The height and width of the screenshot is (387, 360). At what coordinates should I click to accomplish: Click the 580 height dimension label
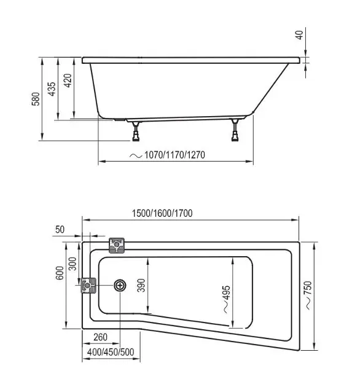point(36,99)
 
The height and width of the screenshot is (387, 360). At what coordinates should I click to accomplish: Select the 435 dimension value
point(52,89)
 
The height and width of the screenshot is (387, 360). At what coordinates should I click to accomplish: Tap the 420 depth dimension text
point(68,80)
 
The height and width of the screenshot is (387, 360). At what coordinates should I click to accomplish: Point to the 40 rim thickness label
point(299,35)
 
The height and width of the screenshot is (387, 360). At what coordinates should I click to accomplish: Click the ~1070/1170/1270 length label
point(168,155)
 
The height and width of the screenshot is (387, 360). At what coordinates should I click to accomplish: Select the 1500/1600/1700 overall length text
point(162,213)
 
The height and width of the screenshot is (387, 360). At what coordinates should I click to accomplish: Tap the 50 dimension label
point(60,230)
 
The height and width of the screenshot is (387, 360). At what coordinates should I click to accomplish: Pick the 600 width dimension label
point(60,273)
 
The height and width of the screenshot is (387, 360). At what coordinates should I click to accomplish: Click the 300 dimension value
point(72,264)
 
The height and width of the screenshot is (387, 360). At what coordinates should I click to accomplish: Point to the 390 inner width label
point(141,285)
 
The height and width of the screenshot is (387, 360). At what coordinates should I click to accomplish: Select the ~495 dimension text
point(227,299)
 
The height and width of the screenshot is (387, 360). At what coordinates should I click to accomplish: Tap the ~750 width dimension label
point(308,295)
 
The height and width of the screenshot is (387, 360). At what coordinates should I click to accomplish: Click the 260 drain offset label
point(101,337)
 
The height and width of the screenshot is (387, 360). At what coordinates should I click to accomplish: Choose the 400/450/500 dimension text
point(111,352)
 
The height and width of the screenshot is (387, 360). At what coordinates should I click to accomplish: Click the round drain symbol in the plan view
point(120,286)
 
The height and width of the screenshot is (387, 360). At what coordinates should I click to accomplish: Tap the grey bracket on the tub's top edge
point(117,245)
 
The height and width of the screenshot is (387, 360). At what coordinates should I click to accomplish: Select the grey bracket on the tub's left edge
point(88,285)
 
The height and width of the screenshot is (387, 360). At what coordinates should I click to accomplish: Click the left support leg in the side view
point(136,131)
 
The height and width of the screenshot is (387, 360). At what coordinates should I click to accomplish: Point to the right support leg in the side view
point(235,130)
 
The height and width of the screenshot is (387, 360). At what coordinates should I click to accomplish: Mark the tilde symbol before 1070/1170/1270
point(136,155)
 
